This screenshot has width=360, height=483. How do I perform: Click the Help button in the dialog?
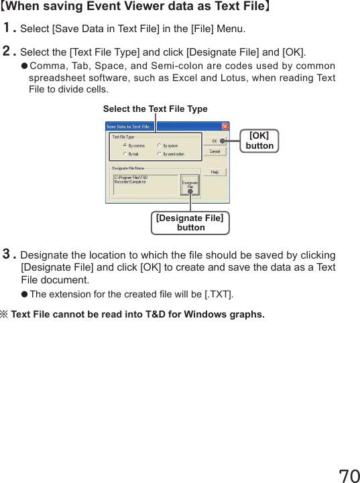click(215, 172)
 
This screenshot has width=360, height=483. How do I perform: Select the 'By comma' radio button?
click(125, 145)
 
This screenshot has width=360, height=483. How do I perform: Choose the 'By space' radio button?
click(159, 145)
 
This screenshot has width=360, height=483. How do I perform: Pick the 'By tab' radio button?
click(125, 154)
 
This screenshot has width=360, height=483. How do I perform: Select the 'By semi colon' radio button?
click(159, 154)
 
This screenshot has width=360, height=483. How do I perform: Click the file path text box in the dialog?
click(144, 185)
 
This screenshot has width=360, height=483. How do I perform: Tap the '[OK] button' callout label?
click(259, 141)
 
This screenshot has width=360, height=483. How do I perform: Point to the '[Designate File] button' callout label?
click(190, 222)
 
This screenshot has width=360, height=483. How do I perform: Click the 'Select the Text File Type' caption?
click(155, 109)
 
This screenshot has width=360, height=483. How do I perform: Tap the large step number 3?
click(9, 255)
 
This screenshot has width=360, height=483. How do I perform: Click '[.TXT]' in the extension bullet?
click(219, 295)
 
